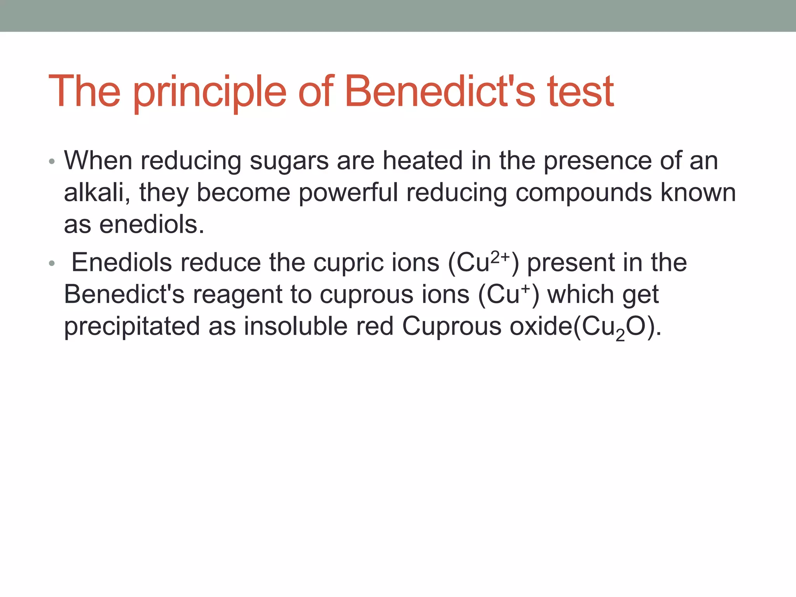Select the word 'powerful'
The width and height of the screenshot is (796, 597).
click(x=348, y=193)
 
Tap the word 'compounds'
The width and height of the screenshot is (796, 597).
click(x=583, y=193)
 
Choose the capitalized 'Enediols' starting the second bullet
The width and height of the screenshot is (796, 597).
click(x=121, y=262)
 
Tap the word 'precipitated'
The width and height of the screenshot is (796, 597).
click(x=132, y=326)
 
